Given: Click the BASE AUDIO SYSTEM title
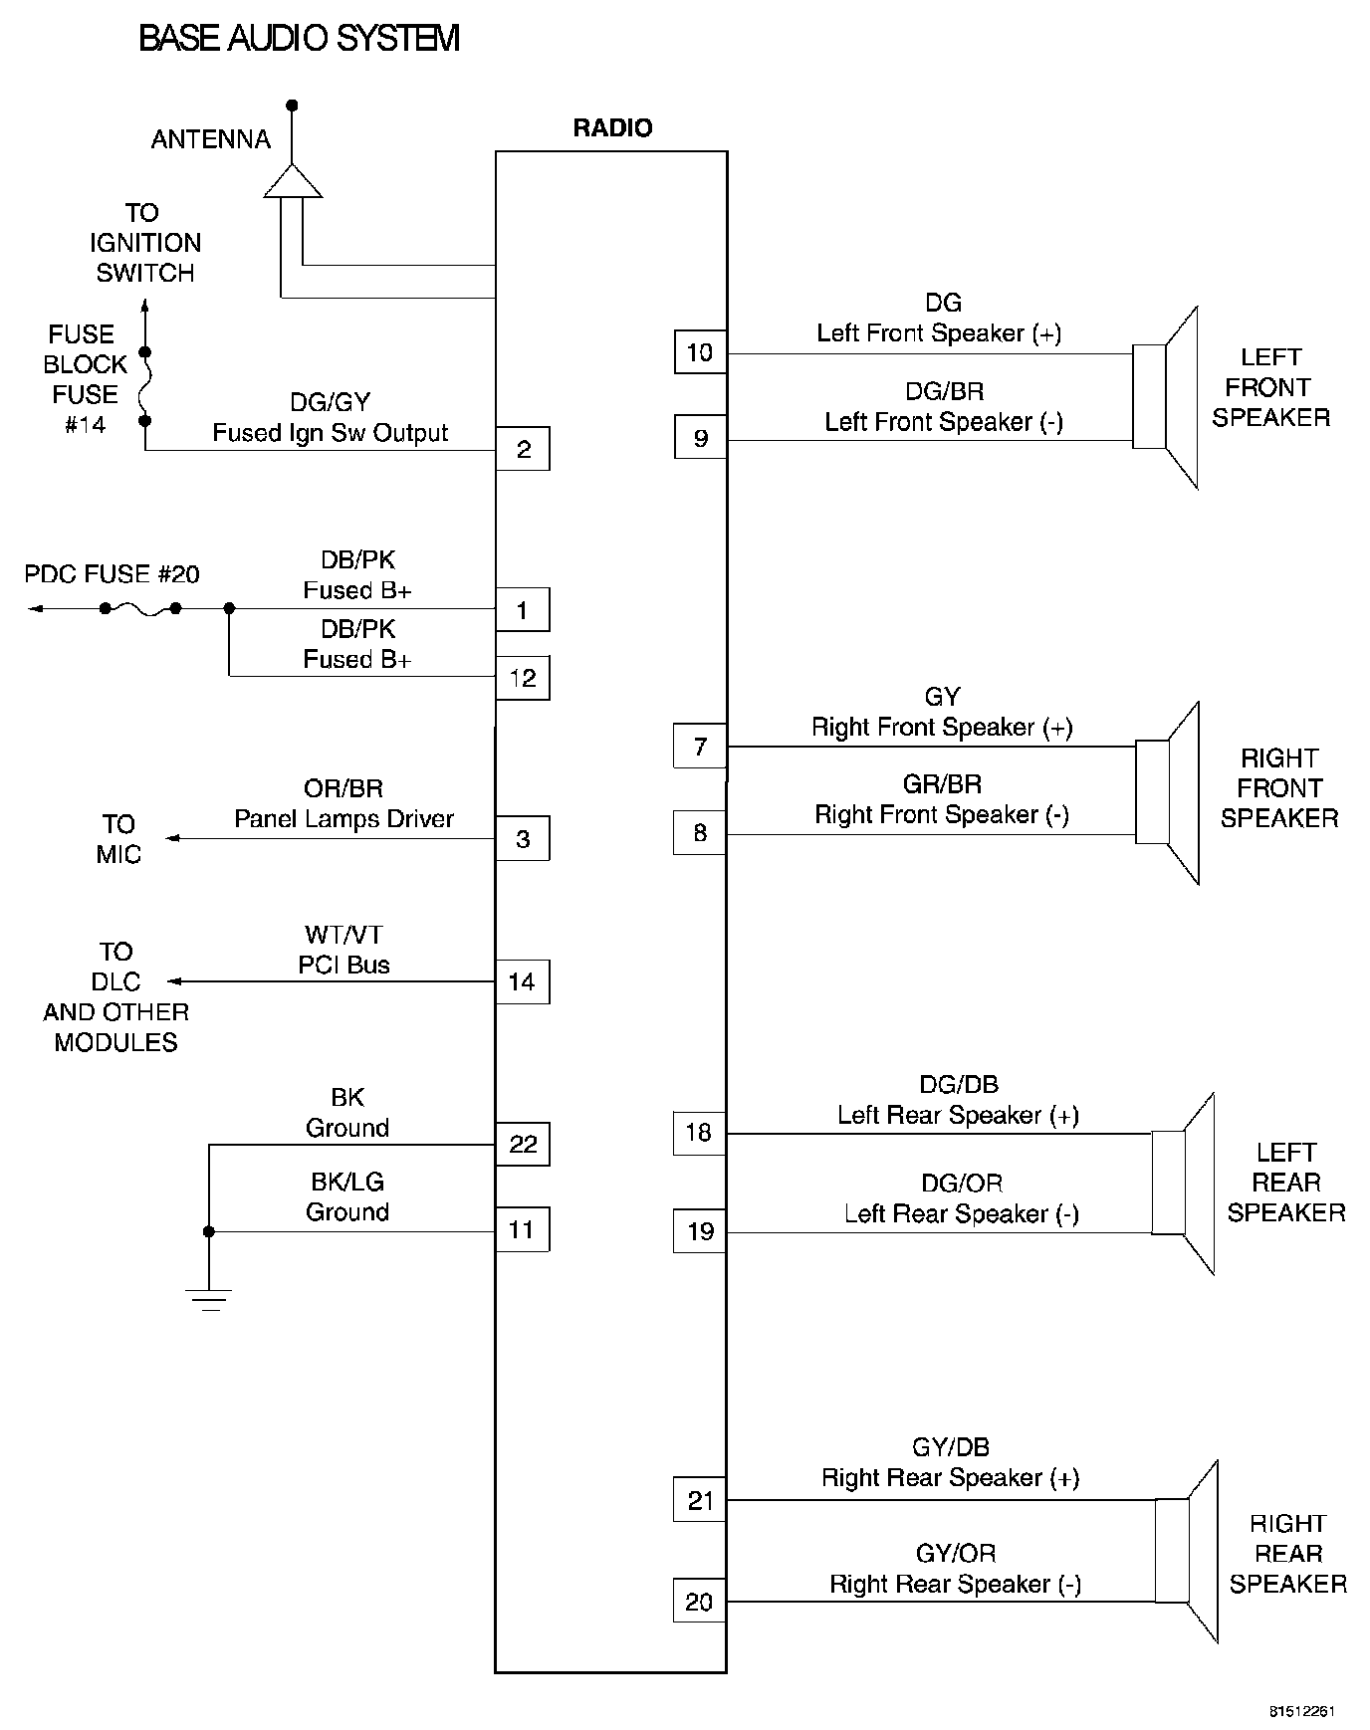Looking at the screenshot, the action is (x=299, y=39).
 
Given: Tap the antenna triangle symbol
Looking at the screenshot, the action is (x=293, y=180).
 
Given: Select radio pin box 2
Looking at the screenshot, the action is (x=523, y=449).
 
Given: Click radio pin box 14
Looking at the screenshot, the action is (x=523, y=982).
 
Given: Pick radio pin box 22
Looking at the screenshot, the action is (x=523, y=1145).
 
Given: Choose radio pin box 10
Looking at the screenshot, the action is (x=700, y=352).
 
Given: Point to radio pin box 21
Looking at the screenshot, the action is (x=700, y=1500).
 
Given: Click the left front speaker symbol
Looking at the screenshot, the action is (x=1165, y=397).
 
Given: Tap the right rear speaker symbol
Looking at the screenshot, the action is (x=1187, y=1551).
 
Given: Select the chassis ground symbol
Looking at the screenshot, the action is (x=209, y=1300).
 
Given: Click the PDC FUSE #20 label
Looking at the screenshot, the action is (x=112, y=574).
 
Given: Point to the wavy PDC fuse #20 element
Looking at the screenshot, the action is (x=140, y=608).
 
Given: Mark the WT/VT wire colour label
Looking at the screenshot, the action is (x=343, y=935).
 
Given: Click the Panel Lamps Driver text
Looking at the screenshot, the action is (x=343, y=819).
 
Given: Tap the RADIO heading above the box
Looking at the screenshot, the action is (x=612, y=127).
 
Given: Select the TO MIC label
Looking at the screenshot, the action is (x=118, y=839).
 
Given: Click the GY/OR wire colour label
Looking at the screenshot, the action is (x=956, y=1553).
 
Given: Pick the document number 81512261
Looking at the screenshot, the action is (x=1301, y=1712).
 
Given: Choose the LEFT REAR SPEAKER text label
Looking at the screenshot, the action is (x=1286, y=1183).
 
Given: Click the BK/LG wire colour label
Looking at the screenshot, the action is (x=347, y=1182).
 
